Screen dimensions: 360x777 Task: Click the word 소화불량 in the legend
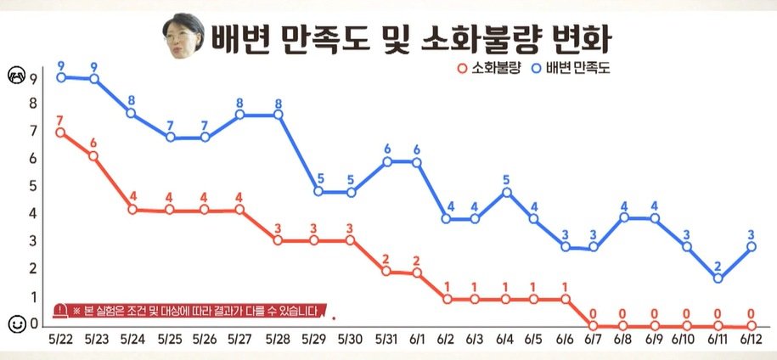496,67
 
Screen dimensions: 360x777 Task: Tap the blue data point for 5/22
61,77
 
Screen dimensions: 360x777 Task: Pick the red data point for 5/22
59,132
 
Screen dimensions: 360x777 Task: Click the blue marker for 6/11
718,278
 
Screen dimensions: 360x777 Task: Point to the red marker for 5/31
386,272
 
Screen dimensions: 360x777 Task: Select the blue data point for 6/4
507,192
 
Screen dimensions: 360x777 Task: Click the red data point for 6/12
752,325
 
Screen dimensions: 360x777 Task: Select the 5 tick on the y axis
33,186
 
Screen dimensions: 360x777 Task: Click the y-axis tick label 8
33,104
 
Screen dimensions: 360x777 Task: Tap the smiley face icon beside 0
15,323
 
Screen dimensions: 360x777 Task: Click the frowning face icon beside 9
15,77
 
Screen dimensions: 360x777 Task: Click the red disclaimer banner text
194,311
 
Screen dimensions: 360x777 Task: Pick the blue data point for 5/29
318,192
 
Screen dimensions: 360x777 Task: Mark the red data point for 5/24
132,209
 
